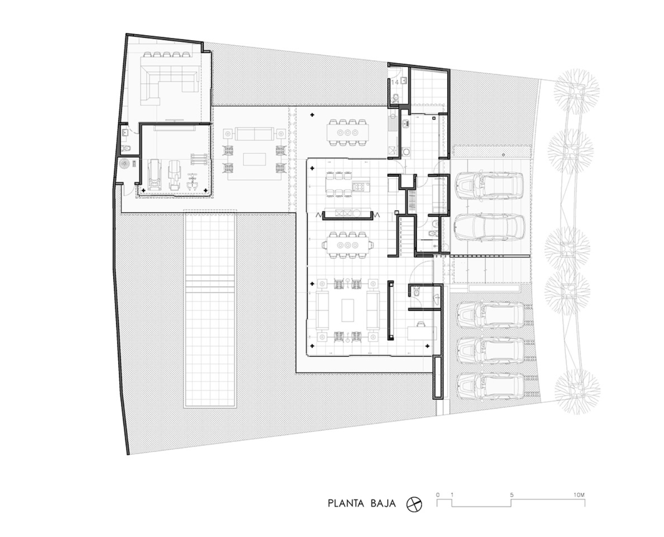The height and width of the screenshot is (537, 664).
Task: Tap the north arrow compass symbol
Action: [414, 513]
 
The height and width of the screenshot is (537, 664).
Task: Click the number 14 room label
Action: [395, 82]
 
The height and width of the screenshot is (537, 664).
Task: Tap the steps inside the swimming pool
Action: [210, 284]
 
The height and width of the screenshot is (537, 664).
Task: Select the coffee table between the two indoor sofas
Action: [348, 310]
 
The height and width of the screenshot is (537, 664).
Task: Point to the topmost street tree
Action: [576, 92]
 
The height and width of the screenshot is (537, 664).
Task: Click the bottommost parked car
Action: [491, 386]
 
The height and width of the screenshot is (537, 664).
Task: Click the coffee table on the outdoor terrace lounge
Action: [254, 159]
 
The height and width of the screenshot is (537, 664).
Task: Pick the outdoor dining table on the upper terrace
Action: [348, 132]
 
